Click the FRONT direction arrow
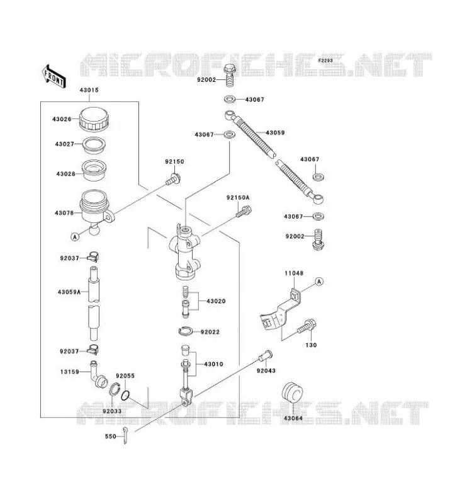53,77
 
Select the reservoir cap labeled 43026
94,119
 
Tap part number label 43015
89,90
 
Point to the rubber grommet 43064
292,392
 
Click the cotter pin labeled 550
125,435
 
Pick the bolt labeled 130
307,326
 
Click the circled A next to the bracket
318,282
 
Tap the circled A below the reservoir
74,237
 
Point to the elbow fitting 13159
98,375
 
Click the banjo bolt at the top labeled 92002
229,75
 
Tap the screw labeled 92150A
244,212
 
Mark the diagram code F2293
325,60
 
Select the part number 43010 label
213,364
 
